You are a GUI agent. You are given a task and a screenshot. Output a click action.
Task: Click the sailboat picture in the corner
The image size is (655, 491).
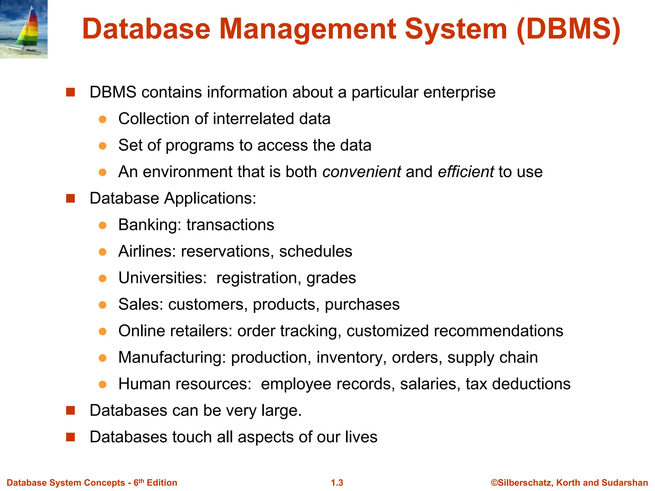24,29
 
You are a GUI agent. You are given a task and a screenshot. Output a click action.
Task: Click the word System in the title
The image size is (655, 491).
456,29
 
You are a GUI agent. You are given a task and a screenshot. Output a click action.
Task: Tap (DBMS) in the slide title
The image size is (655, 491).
568,29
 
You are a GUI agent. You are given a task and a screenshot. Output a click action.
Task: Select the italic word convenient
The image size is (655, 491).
361,172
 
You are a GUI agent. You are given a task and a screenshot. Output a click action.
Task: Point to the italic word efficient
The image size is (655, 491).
466,172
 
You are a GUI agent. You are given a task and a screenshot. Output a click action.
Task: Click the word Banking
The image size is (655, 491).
147,225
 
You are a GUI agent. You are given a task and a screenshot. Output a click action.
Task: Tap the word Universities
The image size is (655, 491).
162,277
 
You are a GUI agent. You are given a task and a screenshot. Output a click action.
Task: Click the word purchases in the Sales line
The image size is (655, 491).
362,304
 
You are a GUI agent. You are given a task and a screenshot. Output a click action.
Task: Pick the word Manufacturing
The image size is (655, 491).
171,357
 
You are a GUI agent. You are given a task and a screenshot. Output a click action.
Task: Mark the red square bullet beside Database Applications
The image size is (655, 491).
70,199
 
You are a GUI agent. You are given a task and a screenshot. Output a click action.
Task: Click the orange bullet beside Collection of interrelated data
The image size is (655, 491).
102,119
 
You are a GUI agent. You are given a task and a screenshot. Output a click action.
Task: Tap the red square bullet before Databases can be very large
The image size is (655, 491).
70,410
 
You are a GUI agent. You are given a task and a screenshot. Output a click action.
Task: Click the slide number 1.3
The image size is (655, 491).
337,483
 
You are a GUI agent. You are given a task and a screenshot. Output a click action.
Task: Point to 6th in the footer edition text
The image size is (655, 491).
138,482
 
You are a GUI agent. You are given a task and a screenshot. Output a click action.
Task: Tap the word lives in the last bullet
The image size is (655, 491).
361,437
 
